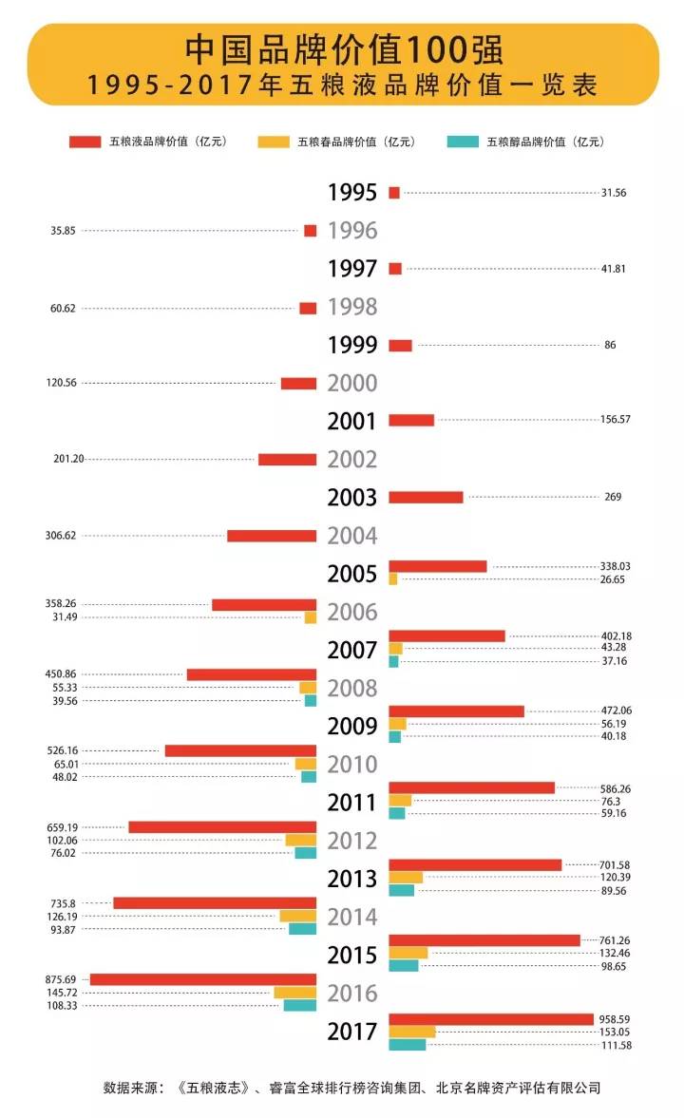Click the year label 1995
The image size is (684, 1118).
[x=351, y=193]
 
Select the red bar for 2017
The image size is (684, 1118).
[x=491, y=1019]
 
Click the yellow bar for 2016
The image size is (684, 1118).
[x=294, y=993]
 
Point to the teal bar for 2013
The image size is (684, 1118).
[x=401, y=890]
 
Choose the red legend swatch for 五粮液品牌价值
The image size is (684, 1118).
[x=85, y=142]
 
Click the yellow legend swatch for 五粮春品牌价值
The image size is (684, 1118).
[x=273, y=142]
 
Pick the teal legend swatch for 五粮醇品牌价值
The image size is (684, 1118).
[x=462, y=142]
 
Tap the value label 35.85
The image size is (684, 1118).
[x=64, y=231]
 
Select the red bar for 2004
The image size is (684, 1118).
[x=272, y=536]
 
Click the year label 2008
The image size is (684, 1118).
[x=351, y=689]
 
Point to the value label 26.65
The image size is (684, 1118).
[x=614, y=579]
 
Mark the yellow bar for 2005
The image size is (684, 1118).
[x=393, y=579]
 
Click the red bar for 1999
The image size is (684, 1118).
[x=400, y=345]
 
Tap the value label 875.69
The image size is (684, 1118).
[x=64, y=978]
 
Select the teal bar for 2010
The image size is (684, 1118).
[x=309, y=777]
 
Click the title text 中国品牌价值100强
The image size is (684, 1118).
[x=343, y=49]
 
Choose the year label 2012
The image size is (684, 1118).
[x=351, y=841]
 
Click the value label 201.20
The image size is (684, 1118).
[x=68, y=459]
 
